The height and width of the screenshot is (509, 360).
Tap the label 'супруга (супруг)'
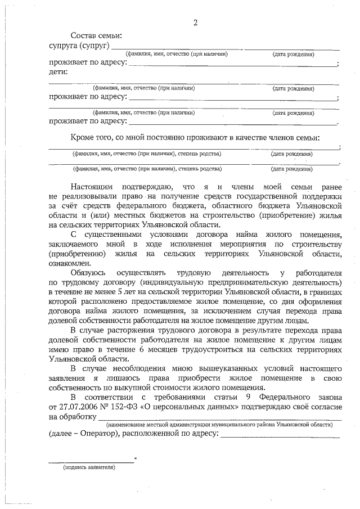pyautogui.click(x=79, y=45)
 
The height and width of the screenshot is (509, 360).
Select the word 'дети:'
pyautogui.click(x=58, y=72)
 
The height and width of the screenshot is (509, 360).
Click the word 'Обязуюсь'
pyautogui.click(x=89, y=273)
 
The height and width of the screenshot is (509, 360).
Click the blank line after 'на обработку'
pyautogui.click(x=219, y=419)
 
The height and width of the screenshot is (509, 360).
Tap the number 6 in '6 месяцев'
pyautogui.click(x=141, y=350)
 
